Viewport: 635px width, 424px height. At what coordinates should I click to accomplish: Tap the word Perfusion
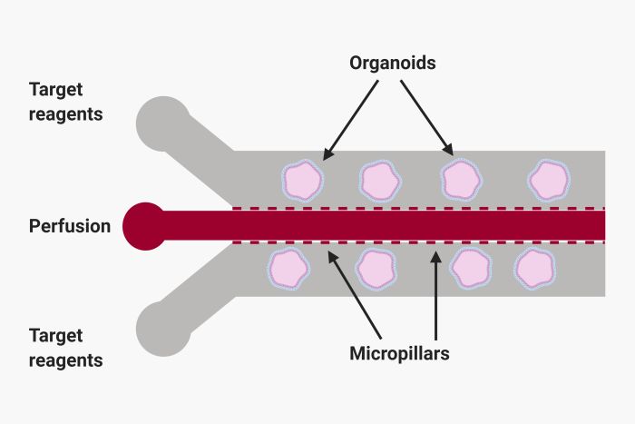tap(70, 225)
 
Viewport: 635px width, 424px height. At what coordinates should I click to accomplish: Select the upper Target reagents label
tap(66, 102)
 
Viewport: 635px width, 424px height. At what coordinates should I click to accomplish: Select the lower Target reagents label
tap(66, 347)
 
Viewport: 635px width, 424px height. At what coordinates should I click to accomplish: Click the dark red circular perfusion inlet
tap(145, 224)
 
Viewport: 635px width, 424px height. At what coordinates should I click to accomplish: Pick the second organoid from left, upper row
tap(380, 181)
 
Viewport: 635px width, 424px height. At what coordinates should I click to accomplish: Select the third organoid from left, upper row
tap(460, 181)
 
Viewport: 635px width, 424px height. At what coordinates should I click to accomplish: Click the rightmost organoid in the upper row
tap(549, 181)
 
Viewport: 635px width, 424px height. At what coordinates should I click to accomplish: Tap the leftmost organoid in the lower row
tap(289, 269)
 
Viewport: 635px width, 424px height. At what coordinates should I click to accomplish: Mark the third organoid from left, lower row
tap(470, 269)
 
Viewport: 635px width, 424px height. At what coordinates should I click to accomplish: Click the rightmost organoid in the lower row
tap(535, 269)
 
